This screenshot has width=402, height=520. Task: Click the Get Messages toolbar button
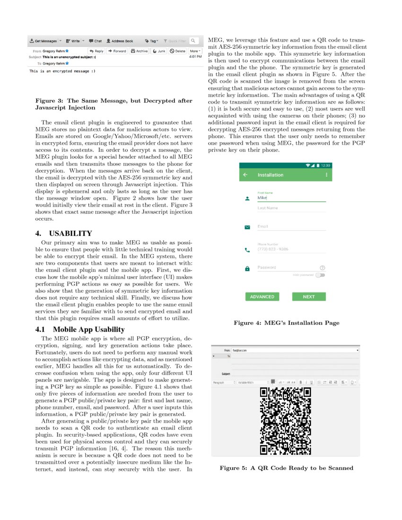43,41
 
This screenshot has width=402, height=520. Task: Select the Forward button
117,51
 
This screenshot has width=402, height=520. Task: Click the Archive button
140,51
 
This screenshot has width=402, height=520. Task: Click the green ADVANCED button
262,297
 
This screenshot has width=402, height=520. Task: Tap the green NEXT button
309,297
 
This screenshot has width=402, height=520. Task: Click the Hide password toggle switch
321,275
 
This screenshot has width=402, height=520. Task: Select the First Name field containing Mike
291,198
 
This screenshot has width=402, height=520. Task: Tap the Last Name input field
291,208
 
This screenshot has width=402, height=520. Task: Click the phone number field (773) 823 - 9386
291,249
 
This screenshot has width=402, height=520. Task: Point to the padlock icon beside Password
247,269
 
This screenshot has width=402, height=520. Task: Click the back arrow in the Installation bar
245,175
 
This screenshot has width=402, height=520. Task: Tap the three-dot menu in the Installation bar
326,175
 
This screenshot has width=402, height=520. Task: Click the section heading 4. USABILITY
63,234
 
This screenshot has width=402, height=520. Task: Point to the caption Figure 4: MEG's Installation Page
286,323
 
